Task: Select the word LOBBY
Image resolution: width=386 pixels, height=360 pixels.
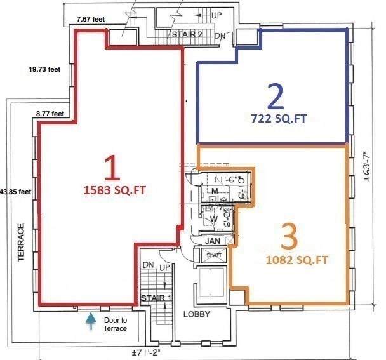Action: click(196, 314)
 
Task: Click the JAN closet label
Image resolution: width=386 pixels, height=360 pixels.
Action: click(213, 241)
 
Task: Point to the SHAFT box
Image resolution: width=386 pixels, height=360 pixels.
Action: click(210, 255)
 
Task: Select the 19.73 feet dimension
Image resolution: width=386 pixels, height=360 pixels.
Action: click(44, 70)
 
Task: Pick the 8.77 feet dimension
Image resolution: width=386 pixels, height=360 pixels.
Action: click(50, 114)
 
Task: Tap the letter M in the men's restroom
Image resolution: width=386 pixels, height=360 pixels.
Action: click(215, 190)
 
